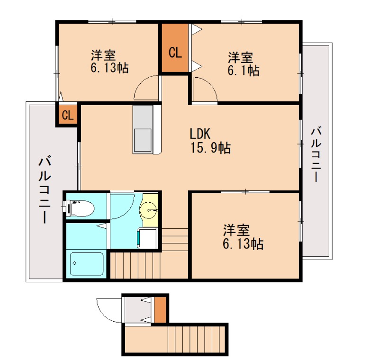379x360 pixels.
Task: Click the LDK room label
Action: [200, 134]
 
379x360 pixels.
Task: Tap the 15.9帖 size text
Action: [210, 148]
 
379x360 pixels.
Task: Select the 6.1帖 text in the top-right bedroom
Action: [243, 70]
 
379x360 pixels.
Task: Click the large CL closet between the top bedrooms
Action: [175, 48]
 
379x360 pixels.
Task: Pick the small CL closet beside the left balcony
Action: [67, 115]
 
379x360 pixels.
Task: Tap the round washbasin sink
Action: [149, 210]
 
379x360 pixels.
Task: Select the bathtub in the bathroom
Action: [87, 264]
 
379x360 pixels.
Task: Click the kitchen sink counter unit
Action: [143, 129]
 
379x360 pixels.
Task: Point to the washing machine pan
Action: [147, 238]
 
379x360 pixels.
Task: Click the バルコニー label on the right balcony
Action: [316, 154]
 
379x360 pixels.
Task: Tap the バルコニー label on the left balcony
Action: [45, 190]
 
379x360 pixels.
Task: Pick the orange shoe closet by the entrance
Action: [160, 310]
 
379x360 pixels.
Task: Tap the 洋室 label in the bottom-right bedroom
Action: [236, 230]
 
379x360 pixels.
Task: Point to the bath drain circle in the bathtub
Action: [74, 263]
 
